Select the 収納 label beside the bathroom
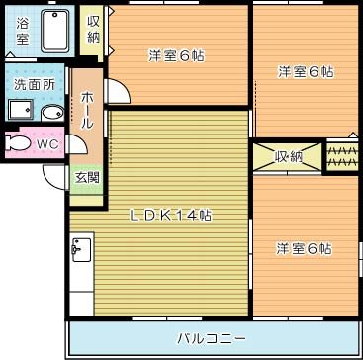(x=92, y=29)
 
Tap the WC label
(x=48, y=144)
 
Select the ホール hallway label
(x=87, y=111)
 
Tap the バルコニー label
(x=212, y=338)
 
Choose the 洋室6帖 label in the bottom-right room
(x=304, y=248)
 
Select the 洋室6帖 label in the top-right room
(x=305, y=71)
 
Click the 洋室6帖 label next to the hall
(x=177, y=55)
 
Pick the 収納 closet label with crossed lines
(x=288, y=156)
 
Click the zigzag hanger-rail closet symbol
(x=340, y=156)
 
